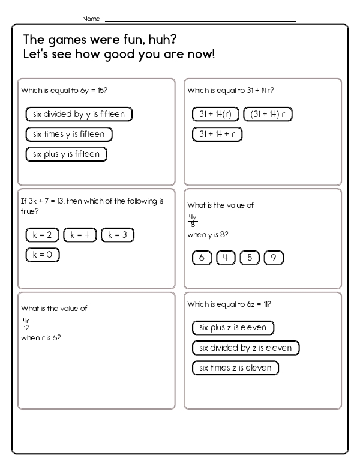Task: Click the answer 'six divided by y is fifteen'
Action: (79, 114)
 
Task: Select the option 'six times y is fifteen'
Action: (69, 134)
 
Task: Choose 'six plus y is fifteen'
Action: (67, 154)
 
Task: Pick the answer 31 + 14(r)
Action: (215, 114)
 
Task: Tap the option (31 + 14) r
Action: (268, 114)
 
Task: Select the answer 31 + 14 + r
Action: (217, 134)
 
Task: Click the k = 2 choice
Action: (43, 235)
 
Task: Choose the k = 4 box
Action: (80, 235)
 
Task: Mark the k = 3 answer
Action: (118, 235)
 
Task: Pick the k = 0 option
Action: (43, 255)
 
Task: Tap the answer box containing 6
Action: (202, 258)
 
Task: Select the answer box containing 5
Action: (250, 258)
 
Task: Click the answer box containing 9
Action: (273, 258)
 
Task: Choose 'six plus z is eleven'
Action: (233, 328)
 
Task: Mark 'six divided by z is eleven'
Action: (245, 348)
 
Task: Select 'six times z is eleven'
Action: (236, 368)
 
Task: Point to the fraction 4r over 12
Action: (26, 324)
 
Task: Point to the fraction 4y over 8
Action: (193, 220)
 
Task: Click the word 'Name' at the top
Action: (91, 19)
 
